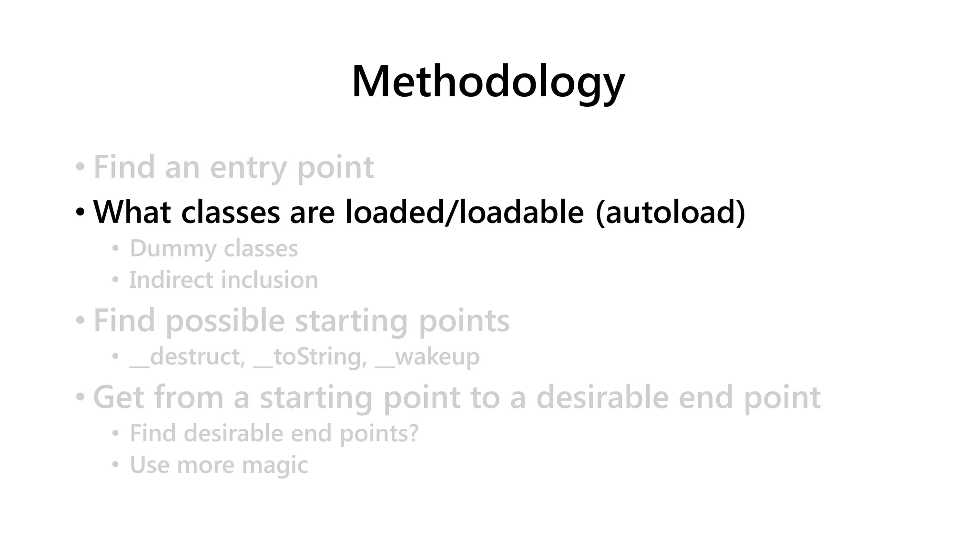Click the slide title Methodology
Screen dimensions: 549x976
point(488,82)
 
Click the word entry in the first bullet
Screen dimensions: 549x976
point(248,168)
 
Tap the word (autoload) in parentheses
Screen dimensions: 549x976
point(670,212)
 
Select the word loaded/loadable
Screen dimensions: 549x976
point(464,212)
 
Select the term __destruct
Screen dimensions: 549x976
point(187,357)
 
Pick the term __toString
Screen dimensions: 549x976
point(310,357)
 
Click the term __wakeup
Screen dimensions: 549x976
point(427,357)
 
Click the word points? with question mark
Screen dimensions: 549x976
point(379,434)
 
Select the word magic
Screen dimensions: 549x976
point(275,465)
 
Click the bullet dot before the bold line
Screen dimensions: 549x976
point(80,212)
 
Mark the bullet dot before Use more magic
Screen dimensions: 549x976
point(115,465)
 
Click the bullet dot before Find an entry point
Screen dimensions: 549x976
point(80,167)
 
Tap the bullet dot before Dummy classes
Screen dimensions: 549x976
point(115,248)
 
